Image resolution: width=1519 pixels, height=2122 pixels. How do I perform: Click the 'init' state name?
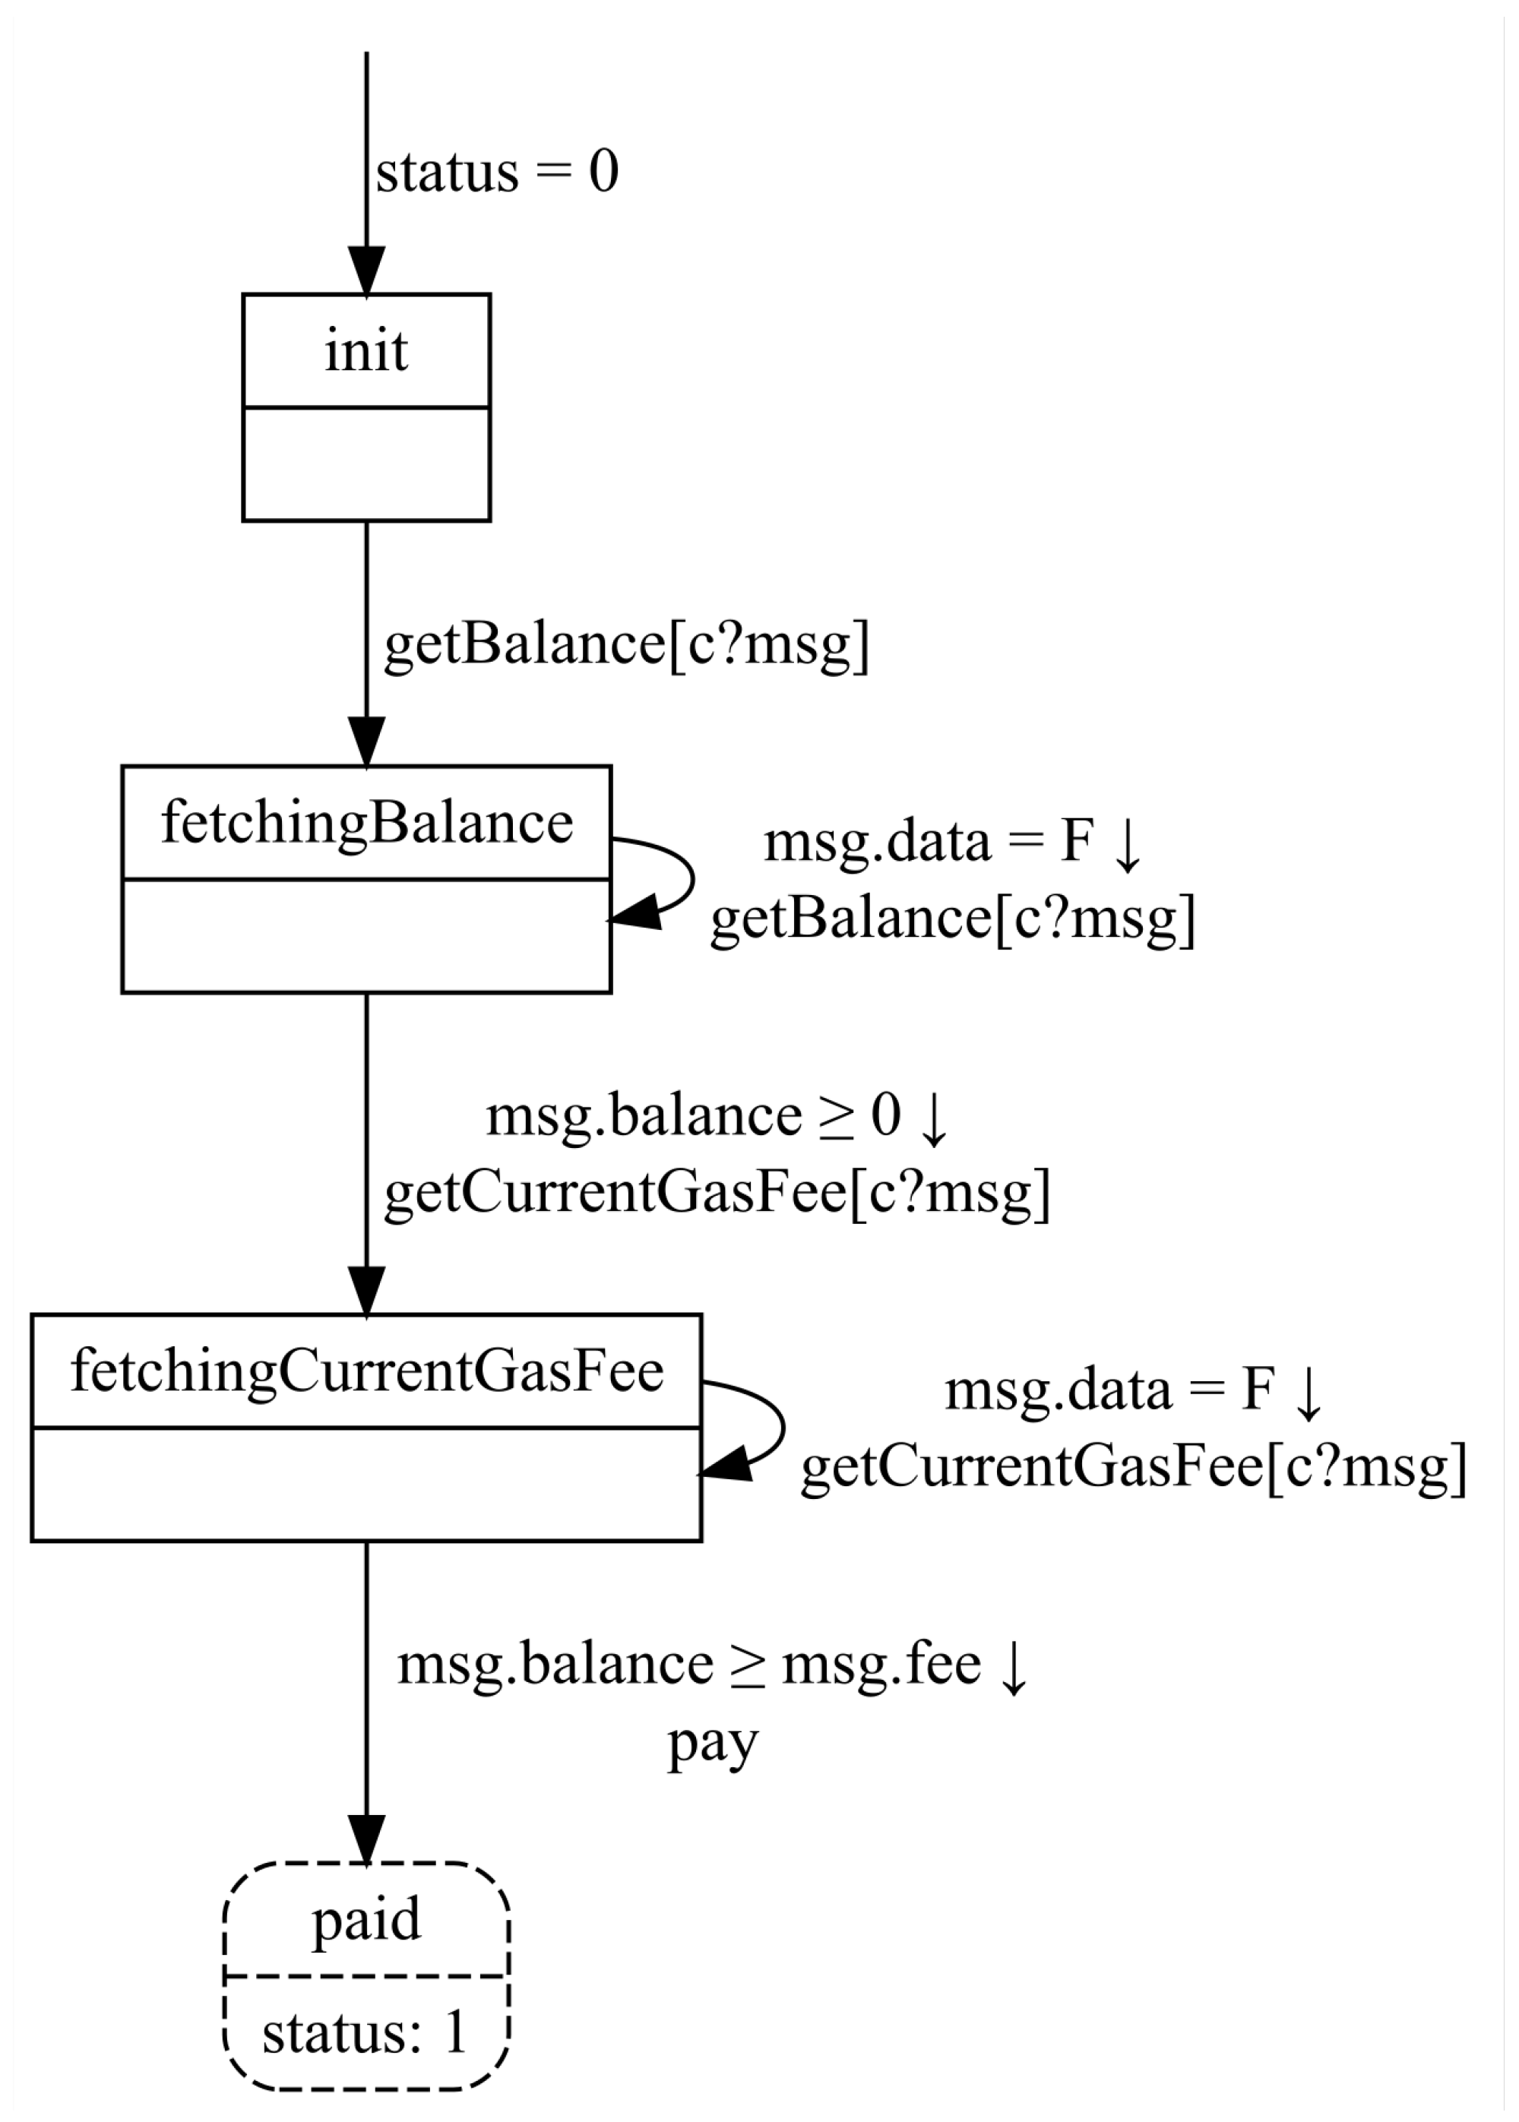[x=366, y=352]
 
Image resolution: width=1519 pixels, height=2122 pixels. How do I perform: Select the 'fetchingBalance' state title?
[x=366, y=823]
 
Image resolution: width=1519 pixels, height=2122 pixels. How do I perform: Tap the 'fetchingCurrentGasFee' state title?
[x=366, y=1371]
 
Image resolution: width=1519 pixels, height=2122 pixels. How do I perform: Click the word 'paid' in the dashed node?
[x=366, y=1919]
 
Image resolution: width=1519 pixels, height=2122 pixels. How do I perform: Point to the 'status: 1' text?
[x=365, y=2032]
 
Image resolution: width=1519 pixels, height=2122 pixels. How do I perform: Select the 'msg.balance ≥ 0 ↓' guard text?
[x=717, y=1116]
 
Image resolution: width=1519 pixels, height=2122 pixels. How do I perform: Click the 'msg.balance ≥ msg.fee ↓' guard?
[x=713, y=1664]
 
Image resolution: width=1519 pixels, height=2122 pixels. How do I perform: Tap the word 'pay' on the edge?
[x=712, y=1741]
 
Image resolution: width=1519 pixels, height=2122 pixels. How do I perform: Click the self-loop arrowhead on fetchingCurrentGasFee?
[x=726, y=1463]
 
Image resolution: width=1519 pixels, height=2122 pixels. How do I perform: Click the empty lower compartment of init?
[x=366, y=464]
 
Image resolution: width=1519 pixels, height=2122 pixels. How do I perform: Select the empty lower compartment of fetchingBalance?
[x=366, y=935]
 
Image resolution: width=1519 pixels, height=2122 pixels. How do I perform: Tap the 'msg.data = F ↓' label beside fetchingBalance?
[x=953, y=841]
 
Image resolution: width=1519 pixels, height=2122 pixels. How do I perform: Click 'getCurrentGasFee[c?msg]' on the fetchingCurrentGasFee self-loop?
[x=1134, y=1466]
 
